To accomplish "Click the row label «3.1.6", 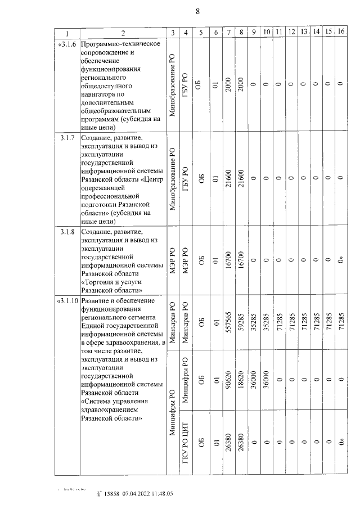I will point(67,44).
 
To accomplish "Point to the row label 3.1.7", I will point(67,138).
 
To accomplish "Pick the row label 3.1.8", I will point(67,232).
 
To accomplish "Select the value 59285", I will point(241,323).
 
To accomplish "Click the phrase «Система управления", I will point(115,401).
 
